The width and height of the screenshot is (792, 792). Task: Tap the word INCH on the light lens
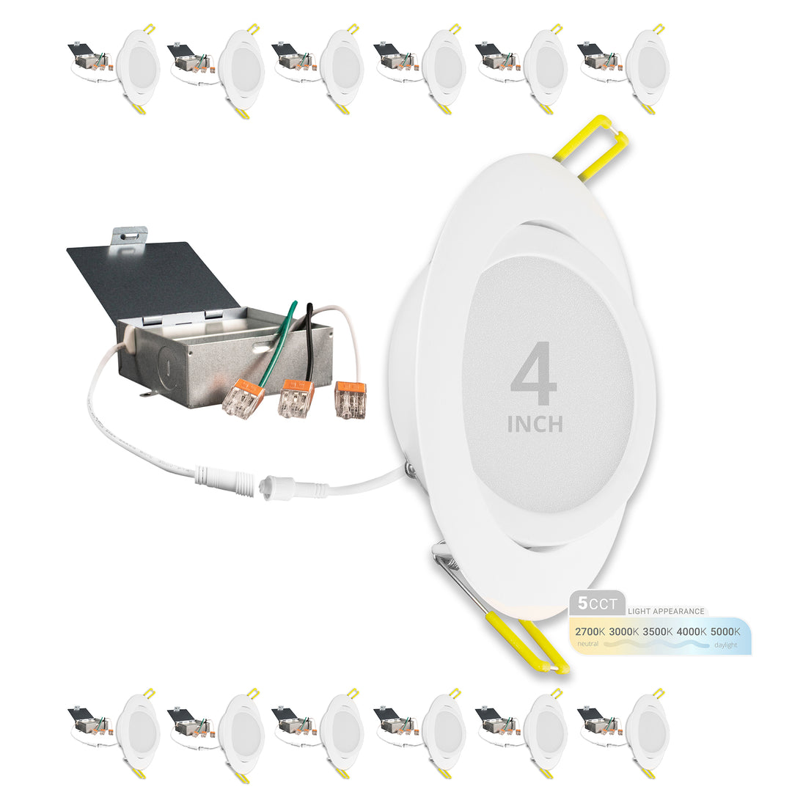click(x=535, y=425)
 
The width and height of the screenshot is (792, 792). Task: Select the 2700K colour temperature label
click(x=590, y=631)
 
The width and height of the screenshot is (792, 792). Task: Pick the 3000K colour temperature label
click(x=624, y=631)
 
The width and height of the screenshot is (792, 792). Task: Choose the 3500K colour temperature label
click(x=658, y=631)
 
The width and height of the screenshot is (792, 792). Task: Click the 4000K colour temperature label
click(x=692, y=631)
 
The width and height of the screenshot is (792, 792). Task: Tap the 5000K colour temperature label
click(x=725, y=631)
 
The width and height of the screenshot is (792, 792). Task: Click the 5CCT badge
click(x=598, y=604)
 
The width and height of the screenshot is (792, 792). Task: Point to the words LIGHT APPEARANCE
click(x=666, y=611)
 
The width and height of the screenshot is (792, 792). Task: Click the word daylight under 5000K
click(x=725, y=645)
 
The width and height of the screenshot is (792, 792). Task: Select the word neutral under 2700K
click(x=588, y=644)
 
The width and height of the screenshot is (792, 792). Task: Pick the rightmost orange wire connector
click(x=350, y=400)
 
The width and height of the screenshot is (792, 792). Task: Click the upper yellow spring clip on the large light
click(x=591, y=148)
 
